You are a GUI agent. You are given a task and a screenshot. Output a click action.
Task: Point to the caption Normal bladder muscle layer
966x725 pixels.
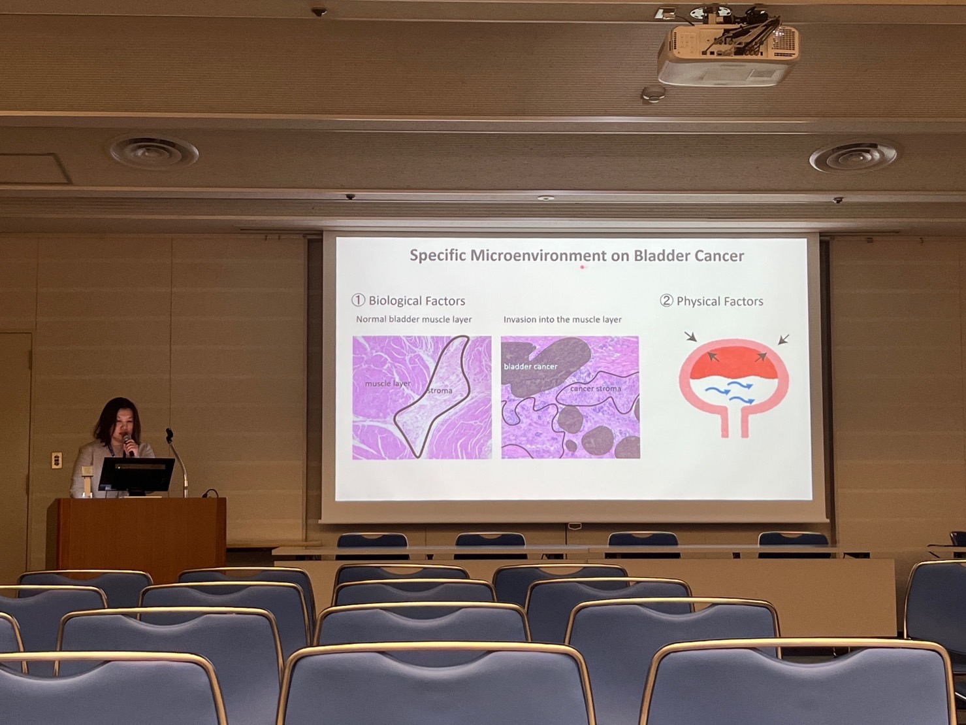tap(413, 319)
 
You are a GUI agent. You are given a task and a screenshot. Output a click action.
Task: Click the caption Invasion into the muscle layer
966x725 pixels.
tap(562, 319)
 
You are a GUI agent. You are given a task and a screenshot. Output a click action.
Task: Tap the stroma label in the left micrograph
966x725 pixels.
tap(440, 391)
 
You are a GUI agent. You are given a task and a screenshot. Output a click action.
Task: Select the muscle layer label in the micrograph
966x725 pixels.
tap(388, 384)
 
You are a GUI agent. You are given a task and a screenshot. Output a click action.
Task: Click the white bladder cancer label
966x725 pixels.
tap(530, 367)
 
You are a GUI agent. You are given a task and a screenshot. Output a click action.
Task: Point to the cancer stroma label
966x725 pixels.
tap(596, 388)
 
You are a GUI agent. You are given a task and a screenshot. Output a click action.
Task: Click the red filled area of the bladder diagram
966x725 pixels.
tap(733, 363)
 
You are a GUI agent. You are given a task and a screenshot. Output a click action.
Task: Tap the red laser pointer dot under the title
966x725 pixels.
tap(582, 267)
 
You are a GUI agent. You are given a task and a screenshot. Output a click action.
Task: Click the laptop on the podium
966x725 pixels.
tap(137, 475)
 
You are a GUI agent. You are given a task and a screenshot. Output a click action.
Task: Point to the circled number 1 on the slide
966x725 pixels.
tap(358, 301)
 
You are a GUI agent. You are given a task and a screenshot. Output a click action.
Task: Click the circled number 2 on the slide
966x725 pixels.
tap(666, 301)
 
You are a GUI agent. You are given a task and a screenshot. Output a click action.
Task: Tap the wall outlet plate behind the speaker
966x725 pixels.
tap(57, 460)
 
